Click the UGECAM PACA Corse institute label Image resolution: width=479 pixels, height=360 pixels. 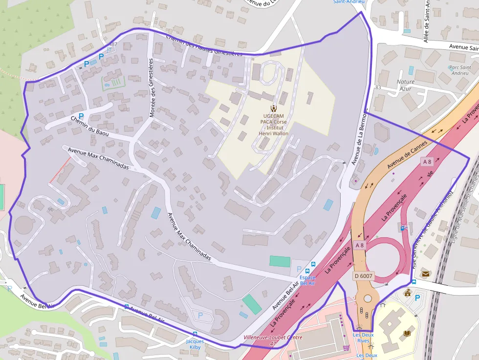[x=274, y=122]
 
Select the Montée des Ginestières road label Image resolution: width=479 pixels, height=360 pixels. [x=152, y=88]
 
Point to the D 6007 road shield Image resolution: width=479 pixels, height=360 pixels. [x=363, y=276]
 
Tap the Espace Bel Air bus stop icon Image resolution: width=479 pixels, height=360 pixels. [x=307, y=271]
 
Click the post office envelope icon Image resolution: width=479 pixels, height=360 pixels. [x=425, y=274]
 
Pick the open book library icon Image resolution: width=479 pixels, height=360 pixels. [x=407, y=333]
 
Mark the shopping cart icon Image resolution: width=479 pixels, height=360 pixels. [x=346, y=348]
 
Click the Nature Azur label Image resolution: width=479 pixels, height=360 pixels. [x=406, y=85]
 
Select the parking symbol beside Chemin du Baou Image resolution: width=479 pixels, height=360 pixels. [x=81, y=116]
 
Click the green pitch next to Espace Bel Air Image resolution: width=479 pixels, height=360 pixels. [x=280, y=261]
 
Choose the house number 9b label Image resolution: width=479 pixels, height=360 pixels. [x=50, y=209]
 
